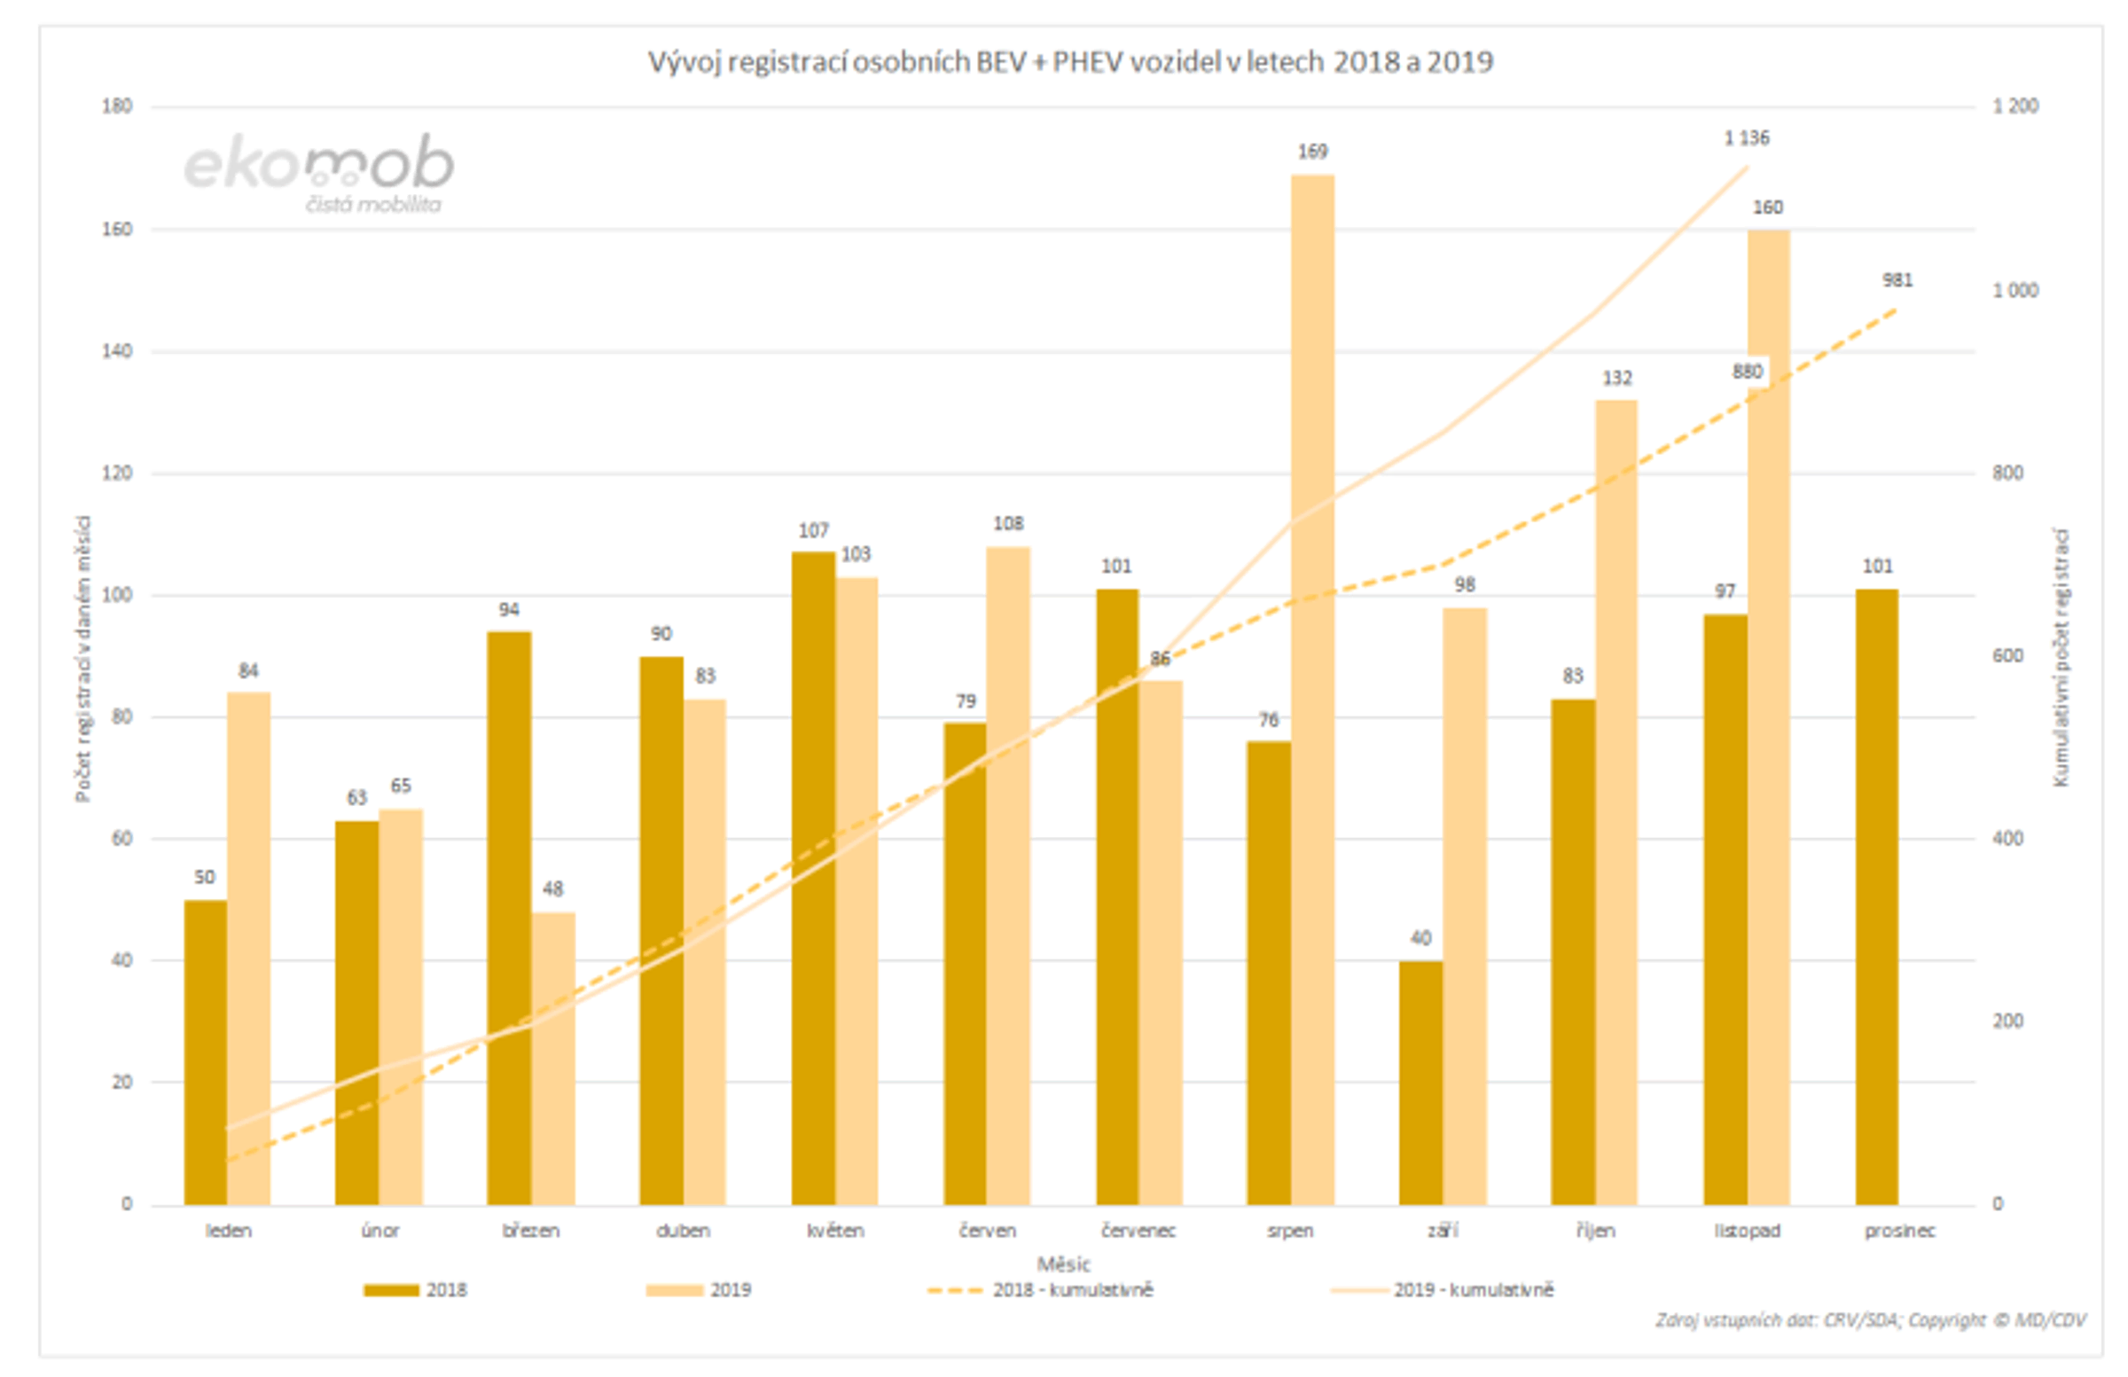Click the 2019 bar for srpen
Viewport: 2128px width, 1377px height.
point(1312,688)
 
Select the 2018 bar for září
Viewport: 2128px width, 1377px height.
point(1420,1083)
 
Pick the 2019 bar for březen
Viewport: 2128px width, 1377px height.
point(552,1059)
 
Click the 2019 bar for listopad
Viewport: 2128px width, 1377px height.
point(1769,716)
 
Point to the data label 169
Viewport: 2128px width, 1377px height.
point(1312,152)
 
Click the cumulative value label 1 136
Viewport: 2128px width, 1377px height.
point(1746,138)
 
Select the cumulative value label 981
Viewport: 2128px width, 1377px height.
point(1897,281)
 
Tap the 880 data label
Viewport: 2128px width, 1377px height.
point(1747,372)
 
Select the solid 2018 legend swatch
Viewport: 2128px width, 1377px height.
point(391,1290)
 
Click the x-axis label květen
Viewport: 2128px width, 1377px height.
point(835,1232)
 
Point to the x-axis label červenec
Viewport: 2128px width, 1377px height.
point(1138,1232)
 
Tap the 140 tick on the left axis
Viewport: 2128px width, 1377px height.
point(117,351)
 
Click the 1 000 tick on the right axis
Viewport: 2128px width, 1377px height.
point(2015,291)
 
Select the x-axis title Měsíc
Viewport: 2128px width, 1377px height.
point(1063,1264)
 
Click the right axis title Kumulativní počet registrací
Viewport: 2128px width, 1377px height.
point(2061,657)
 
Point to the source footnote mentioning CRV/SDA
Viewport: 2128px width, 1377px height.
point(1870,1320)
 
